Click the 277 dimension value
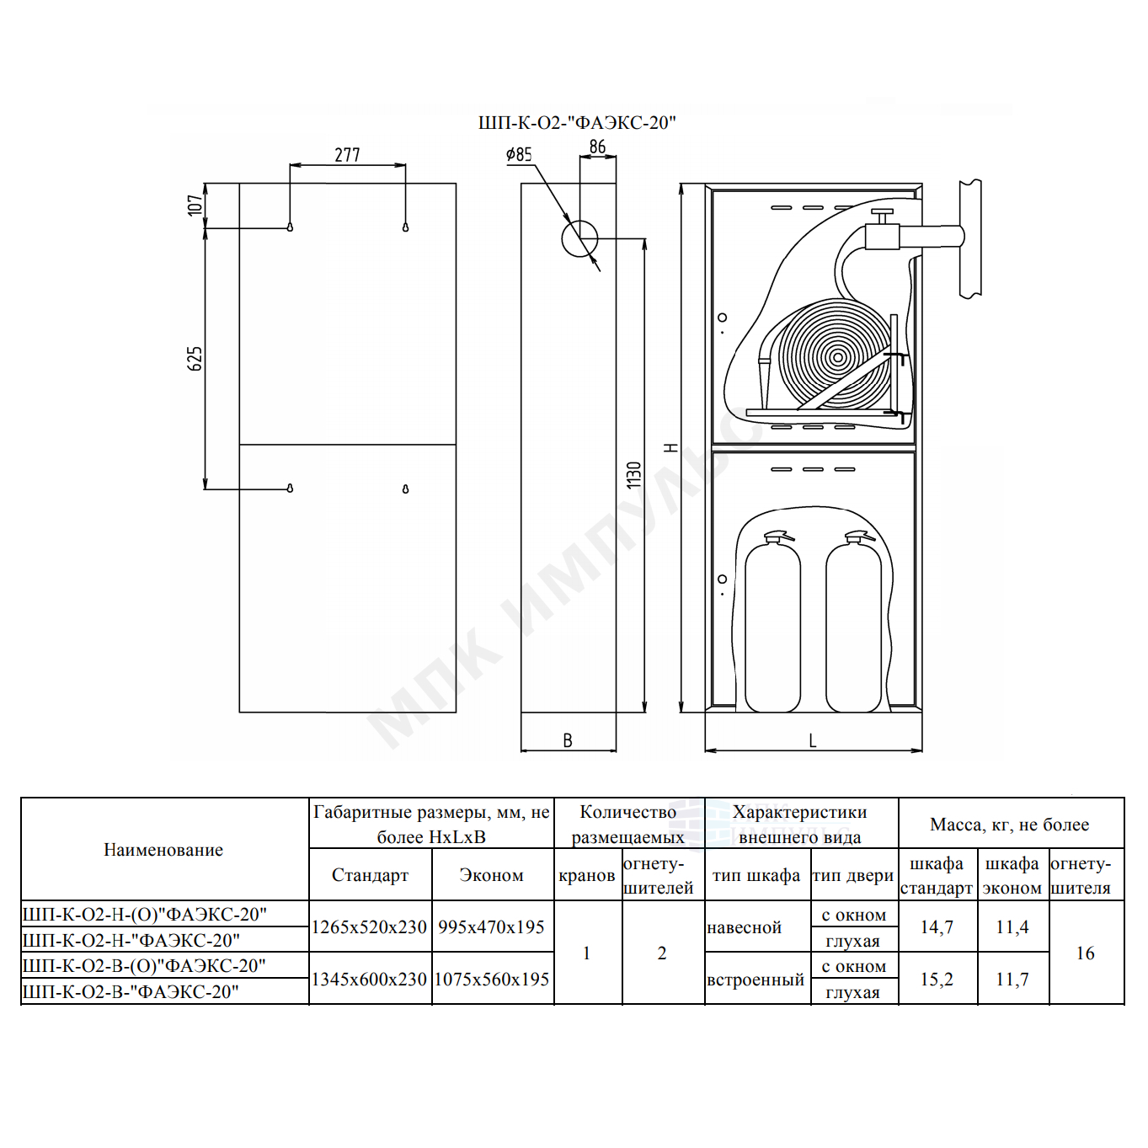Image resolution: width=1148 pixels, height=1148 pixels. click(347, 155)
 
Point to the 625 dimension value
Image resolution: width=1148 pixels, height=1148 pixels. click(195, 359)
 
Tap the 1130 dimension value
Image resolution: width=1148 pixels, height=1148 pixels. click(634, 475)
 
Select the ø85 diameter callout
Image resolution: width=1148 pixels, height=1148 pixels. click(518, 155)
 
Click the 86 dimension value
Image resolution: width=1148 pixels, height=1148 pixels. click(597, 147)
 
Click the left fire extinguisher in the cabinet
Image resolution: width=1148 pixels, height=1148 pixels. click(772, 621)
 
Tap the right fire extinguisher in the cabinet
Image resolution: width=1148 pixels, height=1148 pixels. click(854, 621)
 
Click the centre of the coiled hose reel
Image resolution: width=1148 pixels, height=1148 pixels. click(837, 357)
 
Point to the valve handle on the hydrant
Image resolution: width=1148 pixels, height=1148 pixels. click(882, 211)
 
